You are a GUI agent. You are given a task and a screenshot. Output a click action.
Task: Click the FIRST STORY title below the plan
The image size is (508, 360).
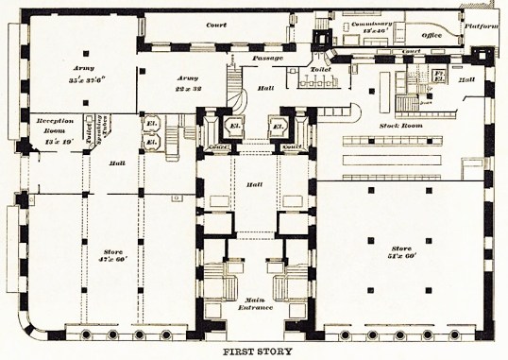pos(255,351)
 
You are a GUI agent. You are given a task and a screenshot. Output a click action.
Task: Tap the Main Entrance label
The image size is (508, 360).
pos(254,304)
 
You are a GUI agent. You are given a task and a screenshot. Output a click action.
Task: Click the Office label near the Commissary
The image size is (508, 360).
pos(433,35)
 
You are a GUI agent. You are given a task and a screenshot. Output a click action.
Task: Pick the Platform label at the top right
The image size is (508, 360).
pos(481,27)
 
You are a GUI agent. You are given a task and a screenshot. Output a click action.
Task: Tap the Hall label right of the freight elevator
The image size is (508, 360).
pos(465,81)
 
